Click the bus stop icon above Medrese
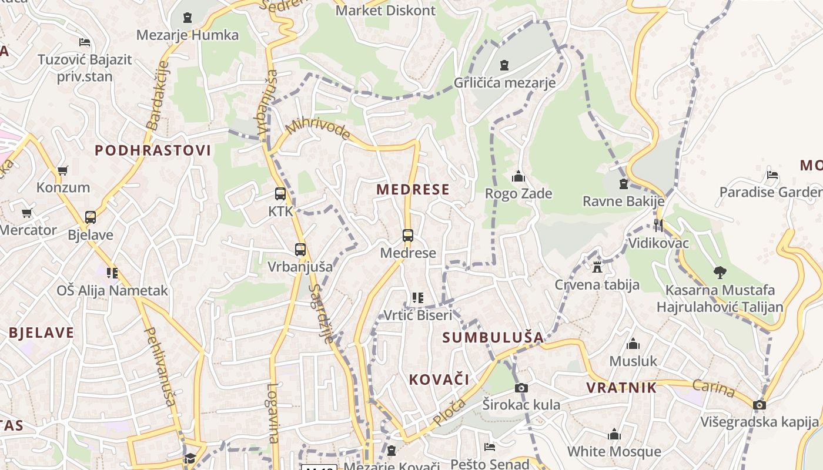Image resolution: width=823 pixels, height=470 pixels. click(408, 236)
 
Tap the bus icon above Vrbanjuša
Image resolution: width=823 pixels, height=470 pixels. click(300, 250)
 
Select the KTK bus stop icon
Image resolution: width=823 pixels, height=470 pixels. click(280, 194)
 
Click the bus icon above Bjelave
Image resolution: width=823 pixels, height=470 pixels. click(91, 217)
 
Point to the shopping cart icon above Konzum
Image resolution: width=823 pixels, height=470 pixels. click(63, 171)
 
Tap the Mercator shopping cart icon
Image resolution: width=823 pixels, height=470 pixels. click(26, 213)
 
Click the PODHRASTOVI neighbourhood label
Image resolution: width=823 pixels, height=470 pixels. click(153, 150)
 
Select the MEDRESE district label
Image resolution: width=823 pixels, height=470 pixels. click(413, 189)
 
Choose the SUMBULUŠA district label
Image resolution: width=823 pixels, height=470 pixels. click(493, 337)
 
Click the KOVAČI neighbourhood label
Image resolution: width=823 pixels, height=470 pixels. click(440, 380)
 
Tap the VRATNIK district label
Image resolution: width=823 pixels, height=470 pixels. click(621, 388)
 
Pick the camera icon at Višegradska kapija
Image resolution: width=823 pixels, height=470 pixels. click(760, 405)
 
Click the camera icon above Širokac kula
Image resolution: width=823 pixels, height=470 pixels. click(521, 388)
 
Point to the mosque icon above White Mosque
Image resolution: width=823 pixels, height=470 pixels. click(614, 435)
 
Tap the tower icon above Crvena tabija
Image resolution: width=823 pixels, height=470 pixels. click(597, 267)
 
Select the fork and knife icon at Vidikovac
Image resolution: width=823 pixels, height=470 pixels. click(658, 226)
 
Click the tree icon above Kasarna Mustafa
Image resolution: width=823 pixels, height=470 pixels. click(720, 273)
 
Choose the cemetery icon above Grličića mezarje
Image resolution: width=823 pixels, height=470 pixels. click(504, 65)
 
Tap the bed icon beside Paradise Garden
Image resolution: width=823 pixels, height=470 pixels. click(772, 175)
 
